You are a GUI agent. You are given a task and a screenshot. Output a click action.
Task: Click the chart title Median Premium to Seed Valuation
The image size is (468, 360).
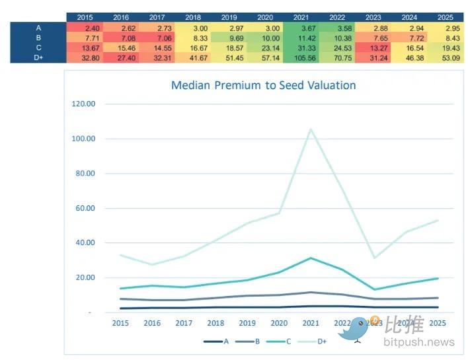[x=263, y=85]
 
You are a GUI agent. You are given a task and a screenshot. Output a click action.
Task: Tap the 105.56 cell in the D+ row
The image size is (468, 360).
[x=299, y=57]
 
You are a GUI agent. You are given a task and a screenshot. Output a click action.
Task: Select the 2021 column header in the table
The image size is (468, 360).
[x=301, y=17]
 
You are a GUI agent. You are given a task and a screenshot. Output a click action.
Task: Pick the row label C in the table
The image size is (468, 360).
[x=38, y=48]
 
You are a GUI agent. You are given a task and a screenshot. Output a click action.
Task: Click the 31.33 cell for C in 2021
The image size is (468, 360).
[x=301, y=48]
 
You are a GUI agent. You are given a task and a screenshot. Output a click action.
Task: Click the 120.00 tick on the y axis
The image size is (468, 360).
[x=83, y=104]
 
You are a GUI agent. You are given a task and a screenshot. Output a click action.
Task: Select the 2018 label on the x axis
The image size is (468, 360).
[x=215, y=323]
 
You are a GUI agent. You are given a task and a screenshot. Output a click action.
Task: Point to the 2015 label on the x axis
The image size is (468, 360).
[x=120, y=323]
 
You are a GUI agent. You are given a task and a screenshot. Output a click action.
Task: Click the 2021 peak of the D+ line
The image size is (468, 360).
[x=310, y=129]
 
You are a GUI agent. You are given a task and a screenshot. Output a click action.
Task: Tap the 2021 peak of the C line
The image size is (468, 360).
[x=310, y=258]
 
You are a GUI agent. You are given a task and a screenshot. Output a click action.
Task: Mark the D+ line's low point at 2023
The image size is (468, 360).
[x=373, y=258]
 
